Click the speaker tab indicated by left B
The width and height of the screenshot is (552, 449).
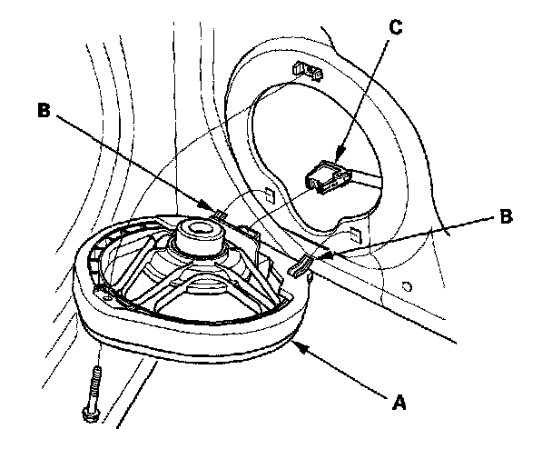pyautogui.click(x=220, y=215)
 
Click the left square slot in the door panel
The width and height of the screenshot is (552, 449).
pyautogui.click(x=270, y=195)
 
